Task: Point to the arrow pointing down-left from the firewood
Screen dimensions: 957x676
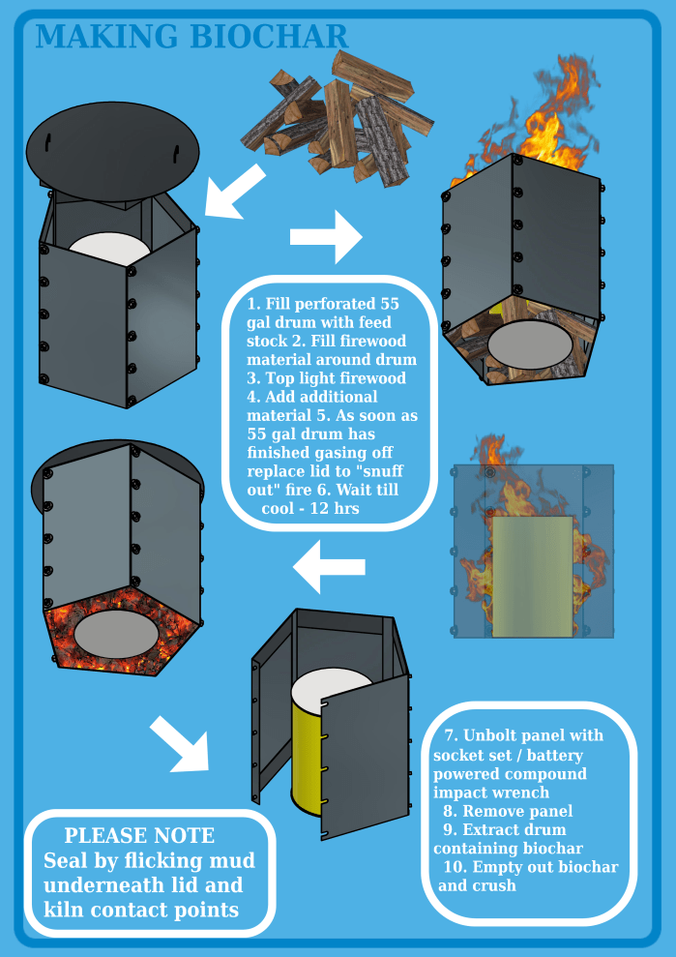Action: coord(235,191)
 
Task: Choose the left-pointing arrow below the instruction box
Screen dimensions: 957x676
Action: coord(329,567)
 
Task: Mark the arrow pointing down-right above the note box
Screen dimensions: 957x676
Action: coord(181,744)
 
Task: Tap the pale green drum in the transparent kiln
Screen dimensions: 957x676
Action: coord(532,576)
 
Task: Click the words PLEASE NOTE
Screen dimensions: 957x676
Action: coord(139,836)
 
